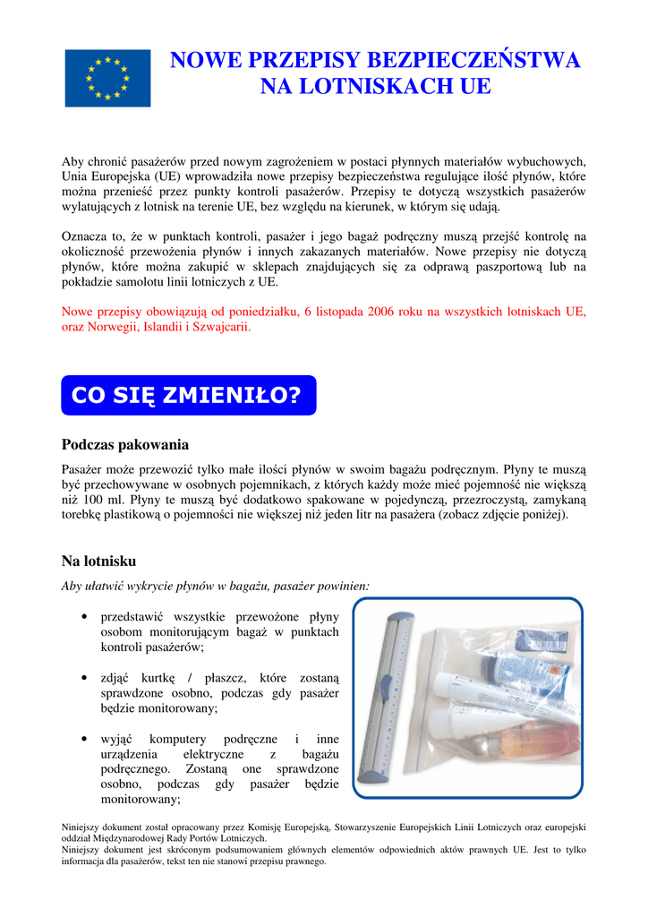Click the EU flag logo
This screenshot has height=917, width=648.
click(x=107, y=78)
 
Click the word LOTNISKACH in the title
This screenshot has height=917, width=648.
click(x=374, y=87)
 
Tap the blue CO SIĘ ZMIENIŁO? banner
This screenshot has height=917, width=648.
click(x=188, y=395)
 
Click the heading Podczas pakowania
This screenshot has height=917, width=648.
click(x=124, y=445)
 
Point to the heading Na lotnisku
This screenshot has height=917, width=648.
click(x=98, y=561)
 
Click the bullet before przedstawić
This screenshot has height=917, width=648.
click(x=82, y=617)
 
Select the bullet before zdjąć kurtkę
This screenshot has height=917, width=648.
click(x=82, y=679)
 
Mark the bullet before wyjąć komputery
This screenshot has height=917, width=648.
click(x=82, y=740)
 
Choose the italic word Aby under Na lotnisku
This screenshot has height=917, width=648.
click(x=73, y=586)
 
